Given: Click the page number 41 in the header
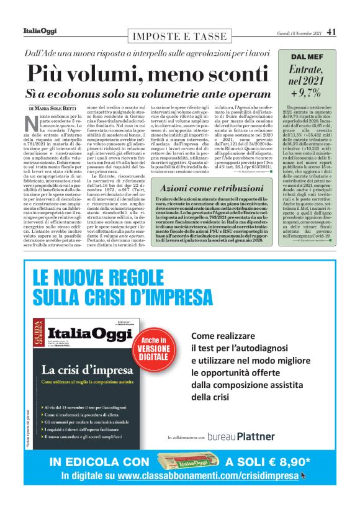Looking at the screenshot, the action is [331, 32].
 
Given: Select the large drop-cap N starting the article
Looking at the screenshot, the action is [34, 123].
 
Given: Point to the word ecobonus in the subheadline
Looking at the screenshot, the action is [91, 93].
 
